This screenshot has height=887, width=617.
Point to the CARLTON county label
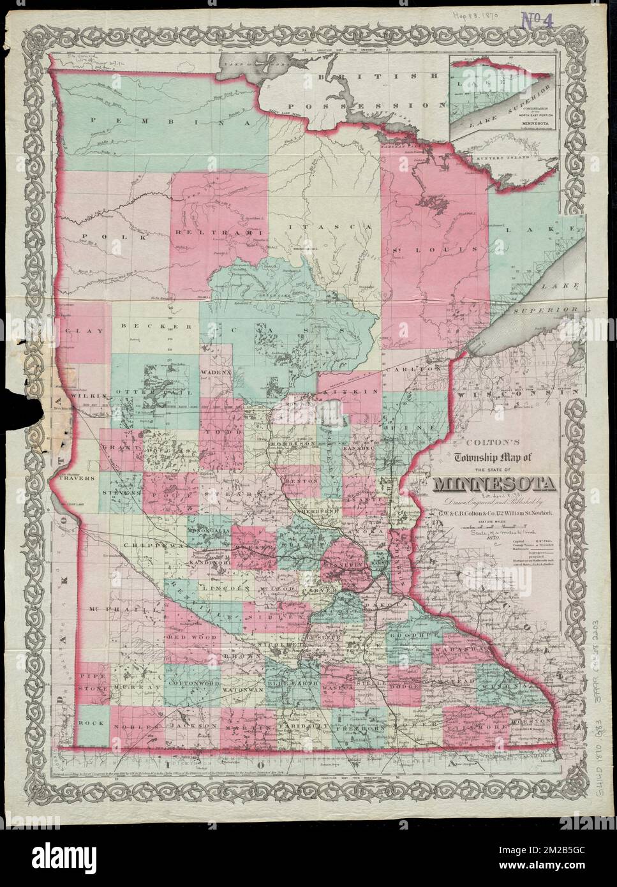click(422, 369)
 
